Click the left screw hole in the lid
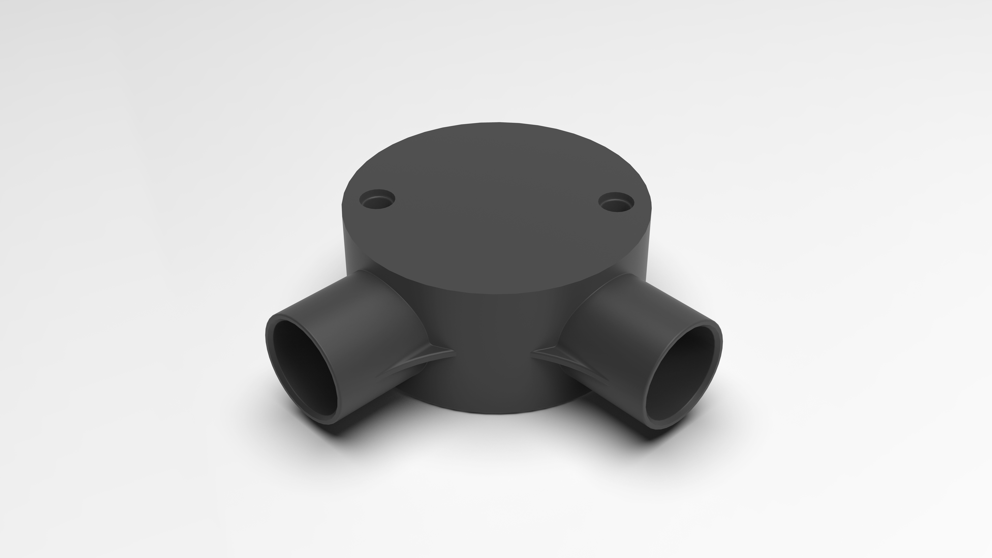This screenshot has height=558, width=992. (x=377, y=199)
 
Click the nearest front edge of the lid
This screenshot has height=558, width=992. (x=497, y=282)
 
